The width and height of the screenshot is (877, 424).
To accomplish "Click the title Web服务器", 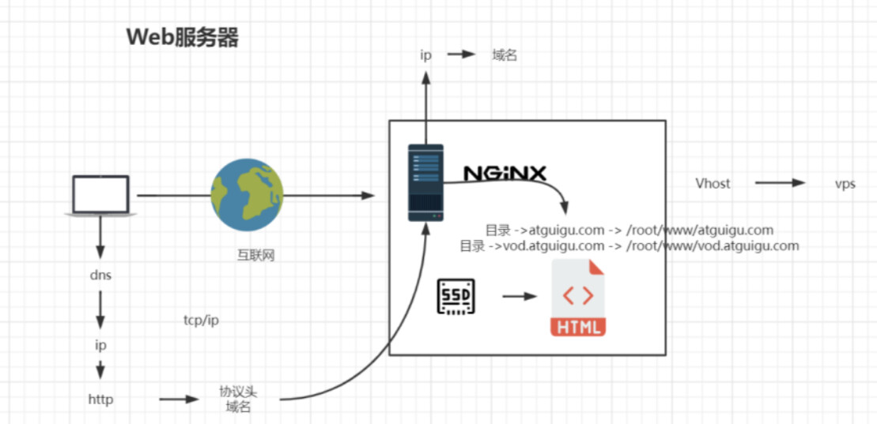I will [183, 38].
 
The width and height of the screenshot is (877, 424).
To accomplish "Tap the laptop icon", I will [100, 195].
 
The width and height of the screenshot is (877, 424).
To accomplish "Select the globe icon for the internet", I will [246, 195].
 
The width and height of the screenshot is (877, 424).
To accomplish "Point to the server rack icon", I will [425, 182].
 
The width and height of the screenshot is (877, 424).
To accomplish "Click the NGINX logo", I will [505, 173].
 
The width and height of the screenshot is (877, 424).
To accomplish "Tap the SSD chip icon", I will [456, 297].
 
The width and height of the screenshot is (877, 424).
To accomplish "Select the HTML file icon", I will [578, 299].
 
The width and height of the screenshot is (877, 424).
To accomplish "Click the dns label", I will [100, 276].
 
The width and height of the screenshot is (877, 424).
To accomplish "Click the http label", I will [100, 400].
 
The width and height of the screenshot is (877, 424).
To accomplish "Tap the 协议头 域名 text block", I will [237, 399].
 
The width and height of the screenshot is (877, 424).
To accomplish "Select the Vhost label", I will [713, 184].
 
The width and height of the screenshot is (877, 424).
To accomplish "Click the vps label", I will [845, 184].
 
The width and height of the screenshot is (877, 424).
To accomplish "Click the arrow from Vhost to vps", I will [779, 183].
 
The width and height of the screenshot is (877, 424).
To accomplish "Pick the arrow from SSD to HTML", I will [519, 297].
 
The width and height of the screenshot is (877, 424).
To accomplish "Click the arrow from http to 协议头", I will [179, 400].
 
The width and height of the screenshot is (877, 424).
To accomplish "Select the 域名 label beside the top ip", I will [504, 55].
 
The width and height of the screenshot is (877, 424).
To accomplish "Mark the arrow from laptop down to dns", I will [100, 237].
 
